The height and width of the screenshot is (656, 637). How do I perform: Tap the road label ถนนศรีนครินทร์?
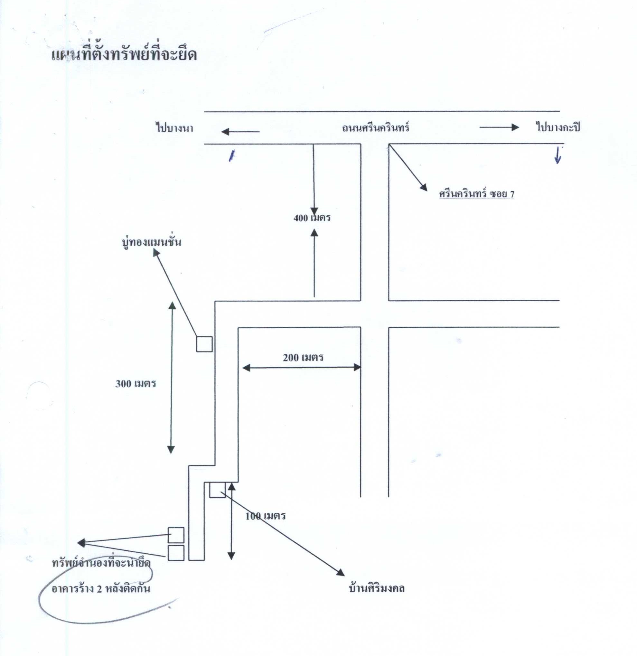coord(376,127)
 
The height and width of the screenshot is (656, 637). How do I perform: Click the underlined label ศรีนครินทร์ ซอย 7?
coord(477,194)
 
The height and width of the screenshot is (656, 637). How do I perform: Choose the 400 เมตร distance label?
coord(312,218)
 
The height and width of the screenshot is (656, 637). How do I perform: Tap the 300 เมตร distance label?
coord(136,383)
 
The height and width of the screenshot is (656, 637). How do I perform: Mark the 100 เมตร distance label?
coord(266,516)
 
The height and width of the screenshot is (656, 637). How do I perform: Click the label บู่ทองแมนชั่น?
coord(152,241)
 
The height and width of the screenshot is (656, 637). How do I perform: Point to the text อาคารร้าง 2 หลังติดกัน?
coord(101,589)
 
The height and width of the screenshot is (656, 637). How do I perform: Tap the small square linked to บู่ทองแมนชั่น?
coord(204,344)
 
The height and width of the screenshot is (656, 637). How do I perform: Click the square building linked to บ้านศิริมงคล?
coord(218,490)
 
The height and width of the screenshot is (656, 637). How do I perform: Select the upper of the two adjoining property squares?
coord(176,535)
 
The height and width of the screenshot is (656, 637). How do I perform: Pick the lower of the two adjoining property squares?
coord(176,553)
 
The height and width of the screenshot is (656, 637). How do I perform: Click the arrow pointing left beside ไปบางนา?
coord(240,132)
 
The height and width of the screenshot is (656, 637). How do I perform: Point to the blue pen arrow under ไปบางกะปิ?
coord(557,156)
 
